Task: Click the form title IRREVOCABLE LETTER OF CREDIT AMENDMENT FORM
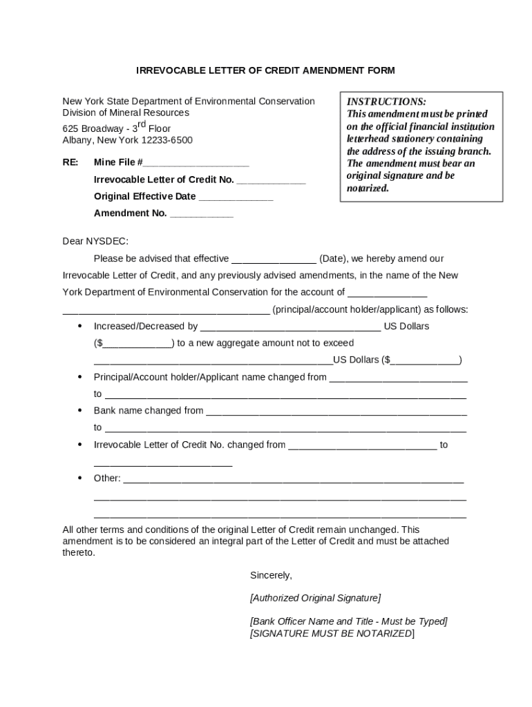click(x=265, y=71)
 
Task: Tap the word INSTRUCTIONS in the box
click(x=386, y=101)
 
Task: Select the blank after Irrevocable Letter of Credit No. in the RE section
click(x=271, y=182)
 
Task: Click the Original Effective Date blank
click(x=236, y=198)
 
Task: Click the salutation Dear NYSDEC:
click(x=95, y=242)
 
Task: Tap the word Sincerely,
click(x=271, y=575)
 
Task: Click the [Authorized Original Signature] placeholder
click(x=315, y=598)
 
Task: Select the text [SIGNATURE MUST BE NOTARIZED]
click(x=332, y=633)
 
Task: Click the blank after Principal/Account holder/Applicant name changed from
click(x=398, y=379)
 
